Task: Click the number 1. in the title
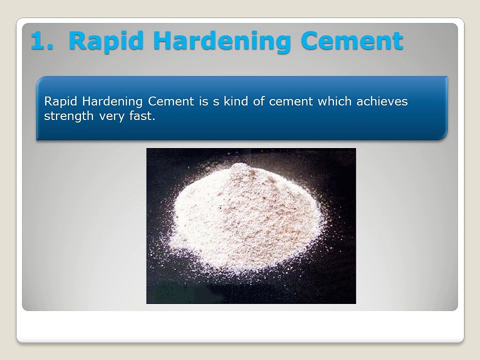[x=42, y=41]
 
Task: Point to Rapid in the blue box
[x=59, y=102]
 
